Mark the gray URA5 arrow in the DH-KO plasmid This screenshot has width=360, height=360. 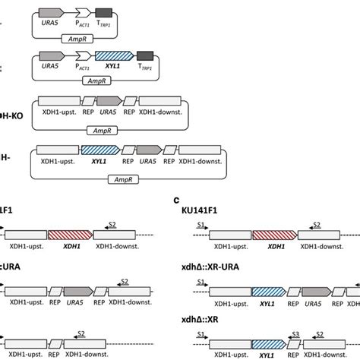109,100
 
